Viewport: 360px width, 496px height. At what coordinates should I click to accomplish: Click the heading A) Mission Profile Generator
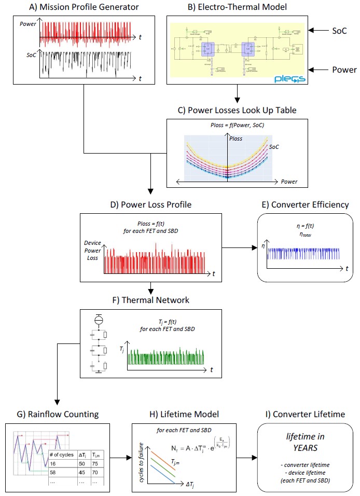78,7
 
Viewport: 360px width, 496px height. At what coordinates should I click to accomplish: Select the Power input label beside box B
344,70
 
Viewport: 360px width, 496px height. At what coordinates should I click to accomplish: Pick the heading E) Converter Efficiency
305,204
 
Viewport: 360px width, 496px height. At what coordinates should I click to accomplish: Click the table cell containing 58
53,473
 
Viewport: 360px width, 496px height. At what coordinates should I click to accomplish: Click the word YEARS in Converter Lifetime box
304,448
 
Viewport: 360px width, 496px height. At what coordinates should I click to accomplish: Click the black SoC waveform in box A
83,65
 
